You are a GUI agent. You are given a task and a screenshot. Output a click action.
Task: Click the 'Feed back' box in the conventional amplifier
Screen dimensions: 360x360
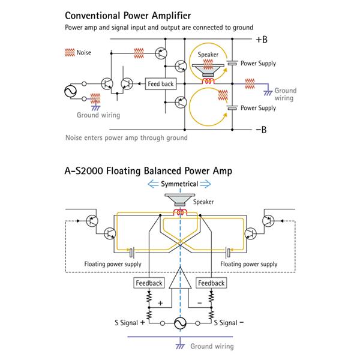click(x=160, y=84)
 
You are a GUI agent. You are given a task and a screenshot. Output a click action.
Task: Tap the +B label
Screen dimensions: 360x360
click(x=262, y=40)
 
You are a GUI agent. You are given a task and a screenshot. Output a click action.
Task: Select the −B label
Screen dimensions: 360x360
click(x=262, y=128)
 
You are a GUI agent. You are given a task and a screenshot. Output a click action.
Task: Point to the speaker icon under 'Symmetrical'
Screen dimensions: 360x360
click(x=178, y=200)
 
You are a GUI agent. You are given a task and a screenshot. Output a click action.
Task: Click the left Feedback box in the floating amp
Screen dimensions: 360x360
click(x=147, y=283)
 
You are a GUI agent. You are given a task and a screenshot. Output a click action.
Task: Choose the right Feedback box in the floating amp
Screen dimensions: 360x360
click(x=211, y=283)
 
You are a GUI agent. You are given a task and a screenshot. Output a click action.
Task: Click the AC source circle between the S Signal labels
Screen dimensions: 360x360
click(x=179, y=323)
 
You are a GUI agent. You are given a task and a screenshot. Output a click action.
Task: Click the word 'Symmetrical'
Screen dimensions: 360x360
click(x=178, y=185)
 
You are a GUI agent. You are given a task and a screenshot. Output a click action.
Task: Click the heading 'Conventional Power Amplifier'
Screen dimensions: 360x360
click(x=128, y=15)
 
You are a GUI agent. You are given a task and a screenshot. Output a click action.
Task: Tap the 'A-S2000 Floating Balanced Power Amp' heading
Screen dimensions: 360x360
click(x=148, y=170)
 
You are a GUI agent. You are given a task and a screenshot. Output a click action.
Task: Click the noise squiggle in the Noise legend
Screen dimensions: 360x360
click(x=68, y=52)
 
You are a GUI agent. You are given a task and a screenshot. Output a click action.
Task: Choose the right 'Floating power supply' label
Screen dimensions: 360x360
click(x=249, y=263)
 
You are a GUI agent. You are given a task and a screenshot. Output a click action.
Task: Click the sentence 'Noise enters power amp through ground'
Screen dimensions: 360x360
click(x=126, y=137)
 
